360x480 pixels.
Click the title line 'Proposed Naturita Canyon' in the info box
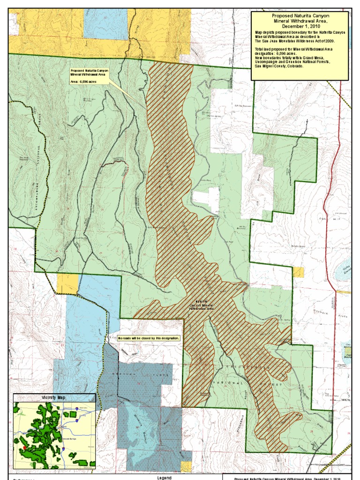pos(300,15)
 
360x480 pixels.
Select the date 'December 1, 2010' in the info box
pos(300,27)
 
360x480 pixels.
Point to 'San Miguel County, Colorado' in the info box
pos(279,66)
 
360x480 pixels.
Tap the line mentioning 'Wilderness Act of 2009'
pos(295,41)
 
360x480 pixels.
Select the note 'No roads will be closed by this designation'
pos(149,337)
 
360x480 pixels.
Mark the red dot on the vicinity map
pos(24,447)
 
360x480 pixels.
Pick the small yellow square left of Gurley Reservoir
pos(298,272)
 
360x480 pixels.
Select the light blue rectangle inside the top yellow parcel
pos(105,23)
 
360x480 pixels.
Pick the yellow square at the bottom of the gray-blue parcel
pos(186,466)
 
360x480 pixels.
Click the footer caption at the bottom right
pos(287,478)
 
